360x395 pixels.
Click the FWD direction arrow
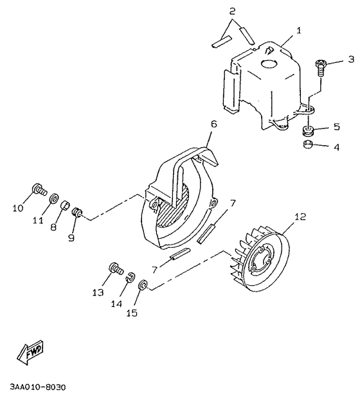(x=30, y=353)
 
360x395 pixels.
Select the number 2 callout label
(x=232, y=12)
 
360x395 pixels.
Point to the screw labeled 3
(x=321, y=66)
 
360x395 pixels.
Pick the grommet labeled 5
(x=308, y=130)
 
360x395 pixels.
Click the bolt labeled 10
(x=39, y=190)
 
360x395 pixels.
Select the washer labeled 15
(x=143, y=285)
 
